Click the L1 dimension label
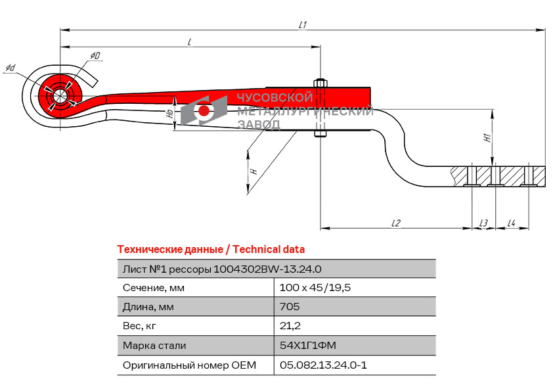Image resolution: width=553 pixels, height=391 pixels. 303,24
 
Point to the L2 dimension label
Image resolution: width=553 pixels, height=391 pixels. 395,223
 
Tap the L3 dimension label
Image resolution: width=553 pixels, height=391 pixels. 483,223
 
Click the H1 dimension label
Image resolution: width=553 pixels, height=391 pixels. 487,139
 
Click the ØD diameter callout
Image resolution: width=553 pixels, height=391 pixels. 95,57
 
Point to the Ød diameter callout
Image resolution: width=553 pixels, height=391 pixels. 11,68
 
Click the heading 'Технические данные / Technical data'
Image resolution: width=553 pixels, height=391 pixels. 210,250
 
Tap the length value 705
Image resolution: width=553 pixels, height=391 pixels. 290,307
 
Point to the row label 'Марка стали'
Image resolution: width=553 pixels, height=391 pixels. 154,346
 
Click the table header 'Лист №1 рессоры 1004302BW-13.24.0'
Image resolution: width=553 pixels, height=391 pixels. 221,269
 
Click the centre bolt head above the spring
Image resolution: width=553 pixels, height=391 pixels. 321,83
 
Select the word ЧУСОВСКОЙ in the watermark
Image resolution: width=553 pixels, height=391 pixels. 275,99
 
